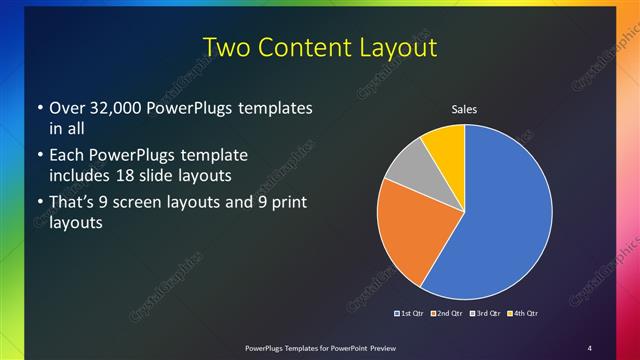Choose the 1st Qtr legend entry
409,313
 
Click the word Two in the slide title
229,47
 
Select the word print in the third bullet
286,203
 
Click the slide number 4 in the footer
589,347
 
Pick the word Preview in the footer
377,347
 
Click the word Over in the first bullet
66,108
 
